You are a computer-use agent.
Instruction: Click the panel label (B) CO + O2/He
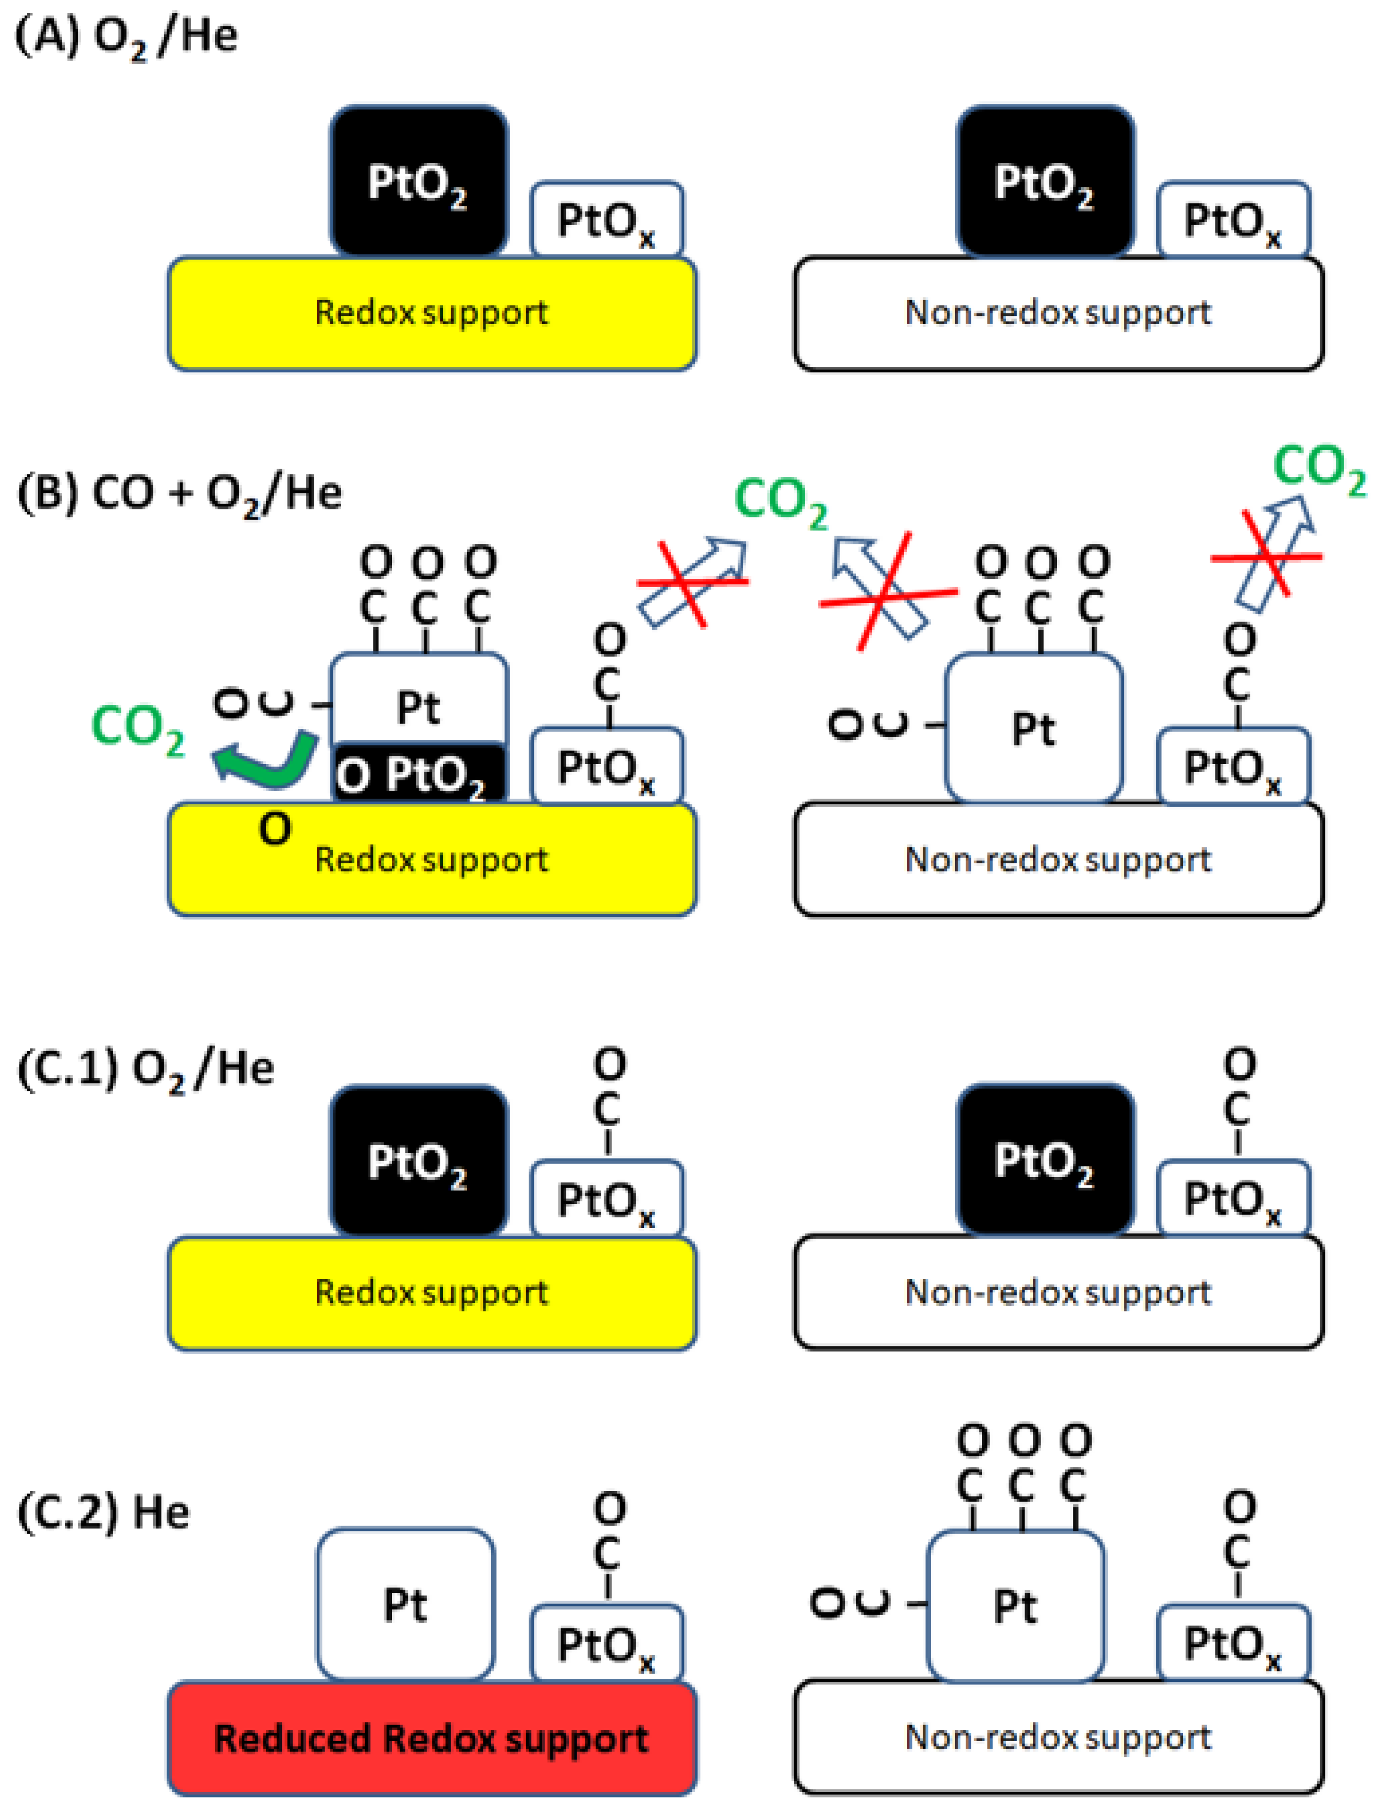178,494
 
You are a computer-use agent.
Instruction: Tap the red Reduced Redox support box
432,1738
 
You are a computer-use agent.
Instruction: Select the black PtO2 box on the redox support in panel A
418,181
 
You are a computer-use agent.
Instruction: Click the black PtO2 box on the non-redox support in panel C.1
1045,1160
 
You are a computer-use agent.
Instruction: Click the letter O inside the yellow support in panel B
275,829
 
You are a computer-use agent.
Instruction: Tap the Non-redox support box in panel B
1058,859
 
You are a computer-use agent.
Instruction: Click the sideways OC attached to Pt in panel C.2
851,1603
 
